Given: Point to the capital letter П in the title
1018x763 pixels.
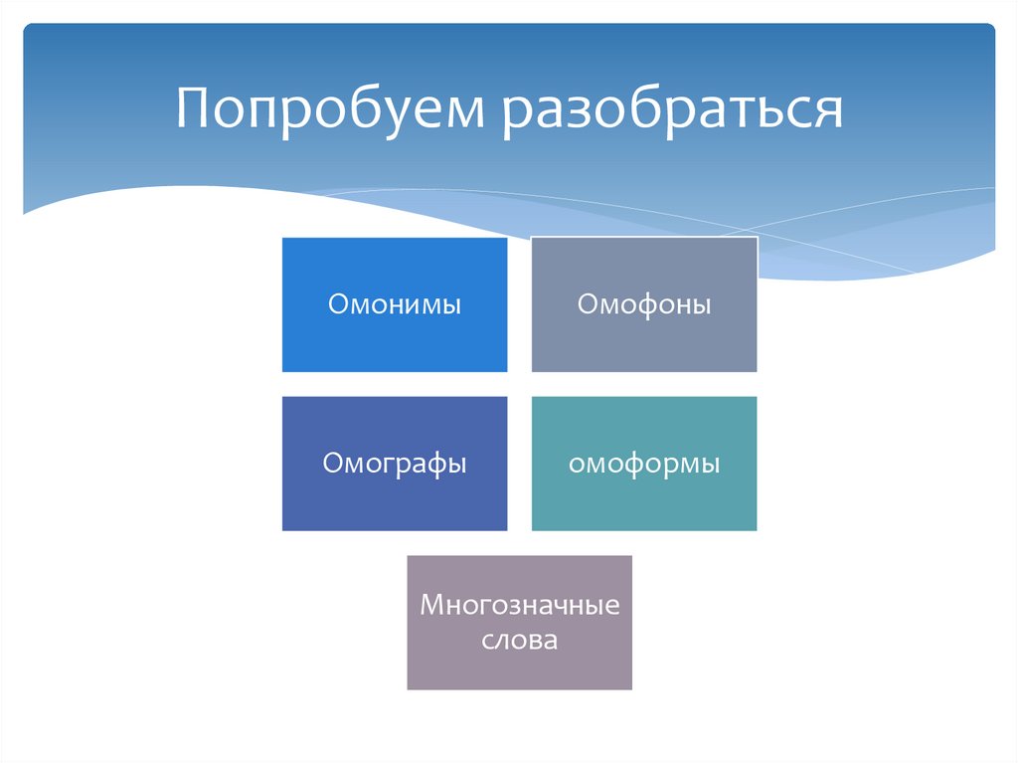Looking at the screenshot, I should click(x=195, y=107).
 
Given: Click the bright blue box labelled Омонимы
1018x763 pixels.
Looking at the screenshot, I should click(x=395, y=304).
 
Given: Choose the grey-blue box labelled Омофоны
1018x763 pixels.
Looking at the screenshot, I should click(x=644, y=304).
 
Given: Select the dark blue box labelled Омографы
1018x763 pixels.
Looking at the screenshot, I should click(x=395, y=464).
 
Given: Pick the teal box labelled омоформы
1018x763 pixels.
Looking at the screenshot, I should click(x=644, y=464).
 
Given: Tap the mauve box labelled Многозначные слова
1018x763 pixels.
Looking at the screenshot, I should click(x=519, y=623).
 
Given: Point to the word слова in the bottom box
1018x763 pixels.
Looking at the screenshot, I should click(x=519, y=640).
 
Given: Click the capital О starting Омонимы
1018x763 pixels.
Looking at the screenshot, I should click(x=337, y=304).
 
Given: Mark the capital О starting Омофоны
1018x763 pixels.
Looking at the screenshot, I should click(x=587, y=304).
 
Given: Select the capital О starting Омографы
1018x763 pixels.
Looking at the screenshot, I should click(x=331, y=464).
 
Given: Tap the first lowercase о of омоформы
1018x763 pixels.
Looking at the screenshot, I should click(x=576, y=466).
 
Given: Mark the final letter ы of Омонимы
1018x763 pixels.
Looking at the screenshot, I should click(x=451, y=306).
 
